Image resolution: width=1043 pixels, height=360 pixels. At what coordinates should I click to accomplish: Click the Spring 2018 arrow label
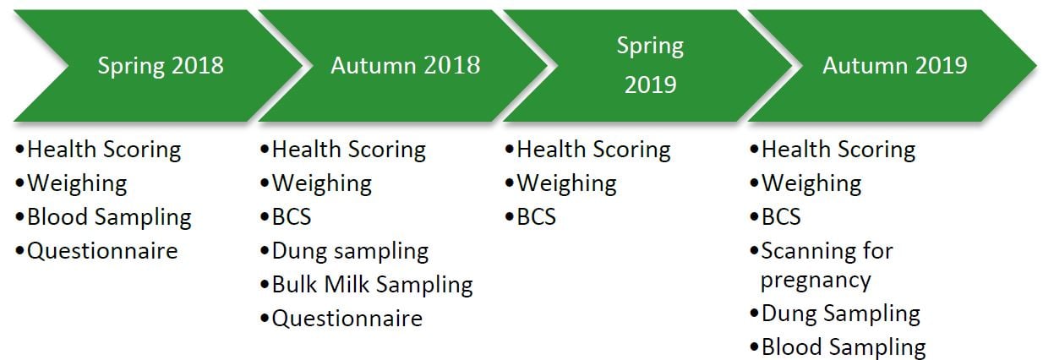[161, 66]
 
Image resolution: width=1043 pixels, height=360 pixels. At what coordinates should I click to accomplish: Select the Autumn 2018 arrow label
[406, 65]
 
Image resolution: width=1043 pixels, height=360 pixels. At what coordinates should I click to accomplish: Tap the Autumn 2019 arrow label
[895, 65]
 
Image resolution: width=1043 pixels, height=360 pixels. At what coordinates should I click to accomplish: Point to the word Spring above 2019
[650, 47]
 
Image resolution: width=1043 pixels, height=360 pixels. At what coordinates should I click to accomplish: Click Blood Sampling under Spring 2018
[109, 218]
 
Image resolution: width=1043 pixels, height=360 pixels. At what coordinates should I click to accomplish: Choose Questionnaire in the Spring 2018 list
[102, 251]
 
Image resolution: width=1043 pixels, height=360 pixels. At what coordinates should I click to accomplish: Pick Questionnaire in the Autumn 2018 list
[347, 319]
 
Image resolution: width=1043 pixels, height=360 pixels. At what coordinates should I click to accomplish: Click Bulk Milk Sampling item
[373, 285]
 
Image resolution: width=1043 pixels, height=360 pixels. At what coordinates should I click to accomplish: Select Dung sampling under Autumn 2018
[350, 252]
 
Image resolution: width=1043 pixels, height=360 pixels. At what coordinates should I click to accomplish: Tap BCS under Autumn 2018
[292, 217]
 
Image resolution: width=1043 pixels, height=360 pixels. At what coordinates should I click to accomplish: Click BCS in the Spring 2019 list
[537, 217]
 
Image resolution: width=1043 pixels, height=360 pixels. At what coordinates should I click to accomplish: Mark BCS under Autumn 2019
[781, 217]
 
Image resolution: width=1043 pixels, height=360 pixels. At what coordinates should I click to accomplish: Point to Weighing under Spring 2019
[567, 184]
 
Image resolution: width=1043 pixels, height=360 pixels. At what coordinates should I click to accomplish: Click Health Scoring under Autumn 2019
[838, 150]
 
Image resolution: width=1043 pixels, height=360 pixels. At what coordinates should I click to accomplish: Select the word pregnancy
[816, 281]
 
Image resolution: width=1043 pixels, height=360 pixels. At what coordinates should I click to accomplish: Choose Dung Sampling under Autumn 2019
[841, 314]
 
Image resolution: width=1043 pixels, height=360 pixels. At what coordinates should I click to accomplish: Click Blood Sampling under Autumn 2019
[844, 348]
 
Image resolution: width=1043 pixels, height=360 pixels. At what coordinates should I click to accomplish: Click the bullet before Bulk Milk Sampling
[265, 284]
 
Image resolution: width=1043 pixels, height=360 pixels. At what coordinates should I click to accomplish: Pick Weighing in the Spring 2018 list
[77, 184]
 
